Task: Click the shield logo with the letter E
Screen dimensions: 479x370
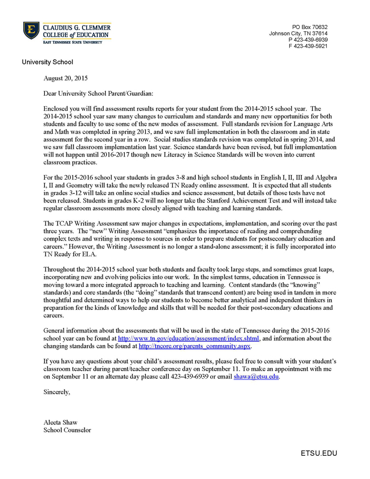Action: [x=31, y=31]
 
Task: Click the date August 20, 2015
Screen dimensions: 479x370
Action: [x=66, y=78]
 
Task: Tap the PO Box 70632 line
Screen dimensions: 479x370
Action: [x=310, y=27]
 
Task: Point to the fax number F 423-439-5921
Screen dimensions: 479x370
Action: [x=308, y=46]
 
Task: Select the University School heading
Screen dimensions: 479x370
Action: [x=48, y=62]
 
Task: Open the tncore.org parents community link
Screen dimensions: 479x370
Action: [x=195, y=346]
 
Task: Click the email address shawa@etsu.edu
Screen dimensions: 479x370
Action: [x=256, y=377]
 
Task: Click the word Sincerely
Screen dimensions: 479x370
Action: [x=57, y=392]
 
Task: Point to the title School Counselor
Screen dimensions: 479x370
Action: [x=67, y=430]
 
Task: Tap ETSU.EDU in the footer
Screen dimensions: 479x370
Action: [x=319, y=453]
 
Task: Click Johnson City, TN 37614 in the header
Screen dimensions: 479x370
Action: [x=298, y=33]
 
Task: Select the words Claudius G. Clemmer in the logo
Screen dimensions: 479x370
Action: [x=77, y=27]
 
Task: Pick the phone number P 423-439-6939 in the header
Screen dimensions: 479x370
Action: [x=308, y=40]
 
